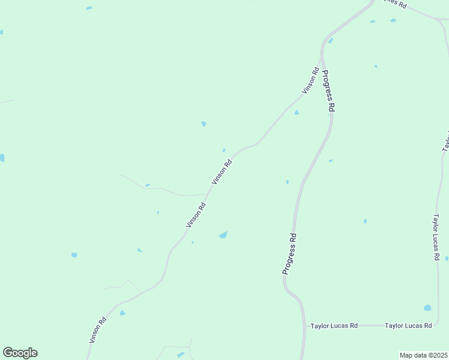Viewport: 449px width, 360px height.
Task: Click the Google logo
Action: click(x=20, y=353)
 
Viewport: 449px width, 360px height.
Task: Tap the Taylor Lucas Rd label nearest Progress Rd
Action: click(x=334, y=326)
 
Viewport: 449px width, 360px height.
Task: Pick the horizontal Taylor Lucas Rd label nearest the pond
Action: click(x=408, y=326)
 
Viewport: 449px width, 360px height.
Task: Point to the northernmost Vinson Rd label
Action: click(x=310, y=80)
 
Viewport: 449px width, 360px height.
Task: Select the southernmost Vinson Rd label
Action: click(x=98, y=330)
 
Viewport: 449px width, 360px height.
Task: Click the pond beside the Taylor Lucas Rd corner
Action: click(x=427, y=308)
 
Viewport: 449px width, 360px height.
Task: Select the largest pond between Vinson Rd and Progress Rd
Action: click(x=223, y=235)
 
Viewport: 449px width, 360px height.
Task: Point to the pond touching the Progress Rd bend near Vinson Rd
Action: click(x=330, y=41)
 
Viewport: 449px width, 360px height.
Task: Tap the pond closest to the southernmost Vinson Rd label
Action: click(x=122, y=313)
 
